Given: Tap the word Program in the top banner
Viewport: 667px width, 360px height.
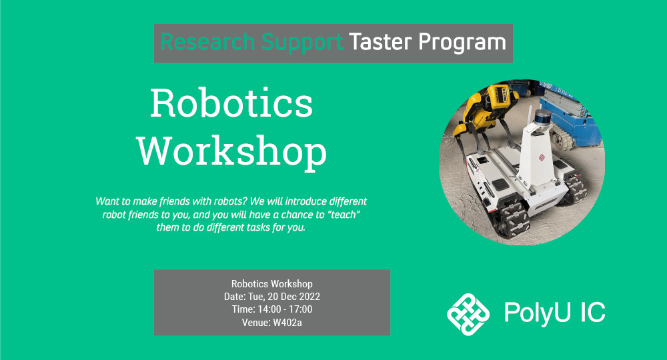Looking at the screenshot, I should point(462,43).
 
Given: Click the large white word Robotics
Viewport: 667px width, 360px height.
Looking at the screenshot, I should point(231,103).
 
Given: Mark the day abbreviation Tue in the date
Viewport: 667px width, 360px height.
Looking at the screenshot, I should point(257,297).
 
